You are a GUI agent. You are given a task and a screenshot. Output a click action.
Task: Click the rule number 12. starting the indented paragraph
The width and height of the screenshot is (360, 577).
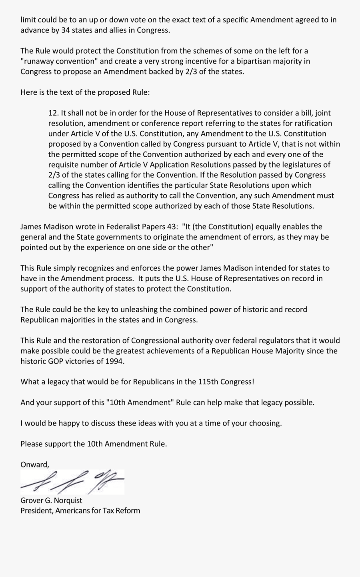point(54,113)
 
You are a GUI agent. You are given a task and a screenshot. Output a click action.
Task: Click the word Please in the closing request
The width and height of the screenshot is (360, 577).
point(31,444)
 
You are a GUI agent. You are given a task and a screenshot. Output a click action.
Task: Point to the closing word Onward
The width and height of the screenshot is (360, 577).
point(34,465)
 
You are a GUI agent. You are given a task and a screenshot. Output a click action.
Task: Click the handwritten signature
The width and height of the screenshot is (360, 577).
point(72,482)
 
